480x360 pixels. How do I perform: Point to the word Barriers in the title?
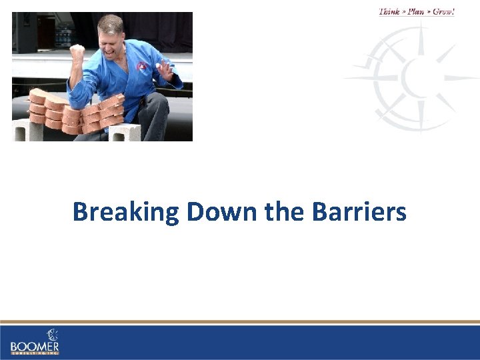tap(358, 212)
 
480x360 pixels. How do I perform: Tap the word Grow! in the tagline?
tap(443, 11)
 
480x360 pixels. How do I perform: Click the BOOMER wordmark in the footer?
tap(35, 346)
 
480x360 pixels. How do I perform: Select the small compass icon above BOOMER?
tap(52, 335)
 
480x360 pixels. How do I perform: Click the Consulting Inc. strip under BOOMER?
tap(35, 353)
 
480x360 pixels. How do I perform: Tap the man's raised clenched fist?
tap(77, 53)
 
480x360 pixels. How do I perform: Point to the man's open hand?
tap(164, 69)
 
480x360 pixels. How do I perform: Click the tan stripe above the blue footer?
tap(240, 322)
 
